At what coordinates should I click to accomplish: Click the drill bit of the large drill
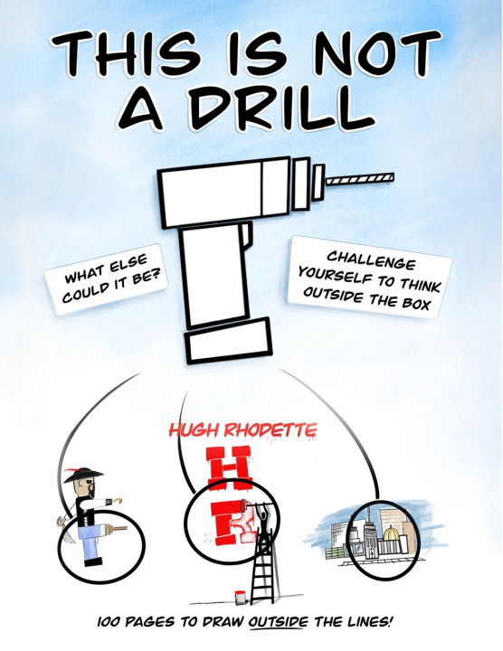[360, 178]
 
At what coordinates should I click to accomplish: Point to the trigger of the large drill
[247, 233]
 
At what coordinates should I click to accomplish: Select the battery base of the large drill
[229, 341]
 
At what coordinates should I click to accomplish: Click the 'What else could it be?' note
[107, 278]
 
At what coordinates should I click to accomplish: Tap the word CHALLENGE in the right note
[371, 260]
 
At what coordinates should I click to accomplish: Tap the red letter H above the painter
[230, 468]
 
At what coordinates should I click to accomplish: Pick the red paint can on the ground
[239, 597]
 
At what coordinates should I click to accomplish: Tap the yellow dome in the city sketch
[392, 533]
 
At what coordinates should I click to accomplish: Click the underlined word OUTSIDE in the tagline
[279, 622]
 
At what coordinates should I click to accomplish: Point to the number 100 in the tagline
[109, 622]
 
